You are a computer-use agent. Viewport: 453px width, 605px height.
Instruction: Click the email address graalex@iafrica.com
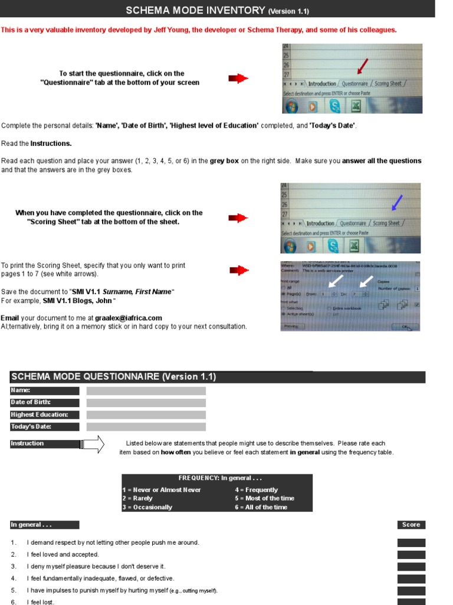point(125,318)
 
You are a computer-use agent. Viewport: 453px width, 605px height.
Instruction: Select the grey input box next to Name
point(146,391)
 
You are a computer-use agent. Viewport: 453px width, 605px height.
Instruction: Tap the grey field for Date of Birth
point(146,402)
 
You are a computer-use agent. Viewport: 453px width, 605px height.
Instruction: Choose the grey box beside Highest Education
point(146,415)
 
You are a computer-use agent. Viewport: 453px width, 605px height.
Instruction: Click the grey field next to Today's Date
point(146,427)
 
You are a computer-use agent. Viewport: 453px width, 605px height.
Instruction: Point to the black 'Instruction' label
point(45,443)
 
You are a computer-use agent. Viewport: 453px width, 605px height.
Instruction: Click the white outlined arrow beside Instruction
point(93,444)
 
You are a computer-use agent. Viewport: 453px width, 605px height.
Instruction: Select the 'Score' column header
point(411,525)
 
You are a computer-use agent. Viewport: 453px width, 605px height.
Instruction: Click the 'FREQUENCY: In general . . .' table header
point(217,478)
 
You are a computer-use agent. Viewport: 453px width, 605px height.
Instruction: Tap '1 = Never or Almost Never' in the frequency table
point(162,490)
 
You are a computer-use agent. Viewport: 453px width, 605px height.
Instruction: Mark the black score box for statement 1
point(411,543)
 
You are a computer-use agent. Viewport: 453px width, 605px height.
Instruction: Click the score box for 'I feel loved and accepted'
point(411,555)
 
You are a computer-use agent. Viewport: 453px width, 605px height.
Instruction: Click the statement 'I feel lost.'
point(41,602)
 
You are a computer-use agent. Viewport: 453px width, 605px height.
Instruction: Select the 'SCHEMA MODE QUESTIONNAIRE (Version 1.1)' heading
point(114,377)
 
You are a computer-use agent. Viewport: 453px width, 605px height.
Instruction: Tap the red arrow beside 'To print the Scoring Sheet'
point(238,271)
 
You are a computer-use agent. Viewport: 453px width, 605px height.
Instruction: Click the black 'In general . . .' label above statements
point(45,525)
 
